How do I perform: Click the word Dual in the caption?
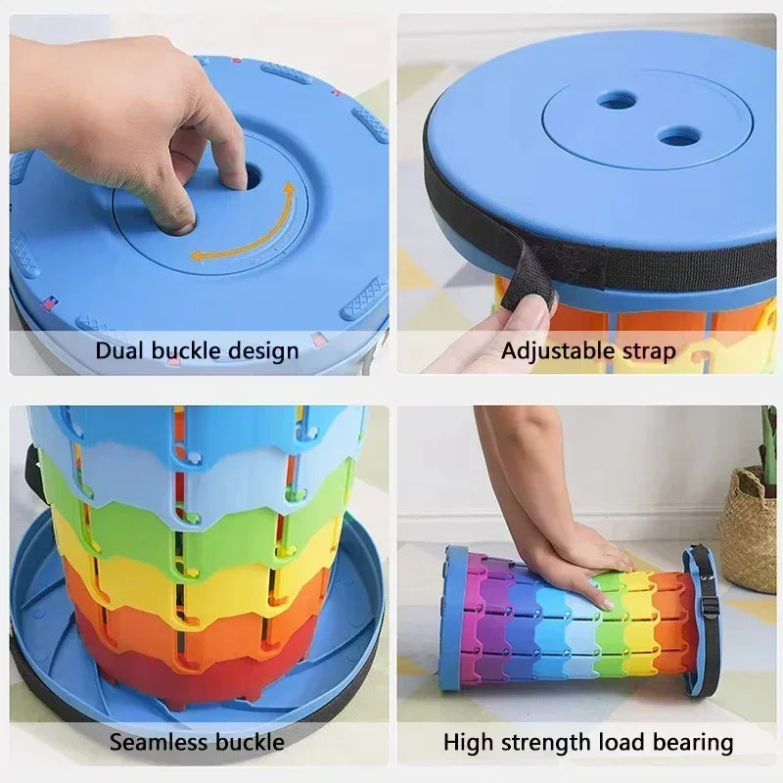(x=117, y=350)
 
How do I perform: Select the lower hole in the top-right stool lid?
(x=674, y=136)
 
